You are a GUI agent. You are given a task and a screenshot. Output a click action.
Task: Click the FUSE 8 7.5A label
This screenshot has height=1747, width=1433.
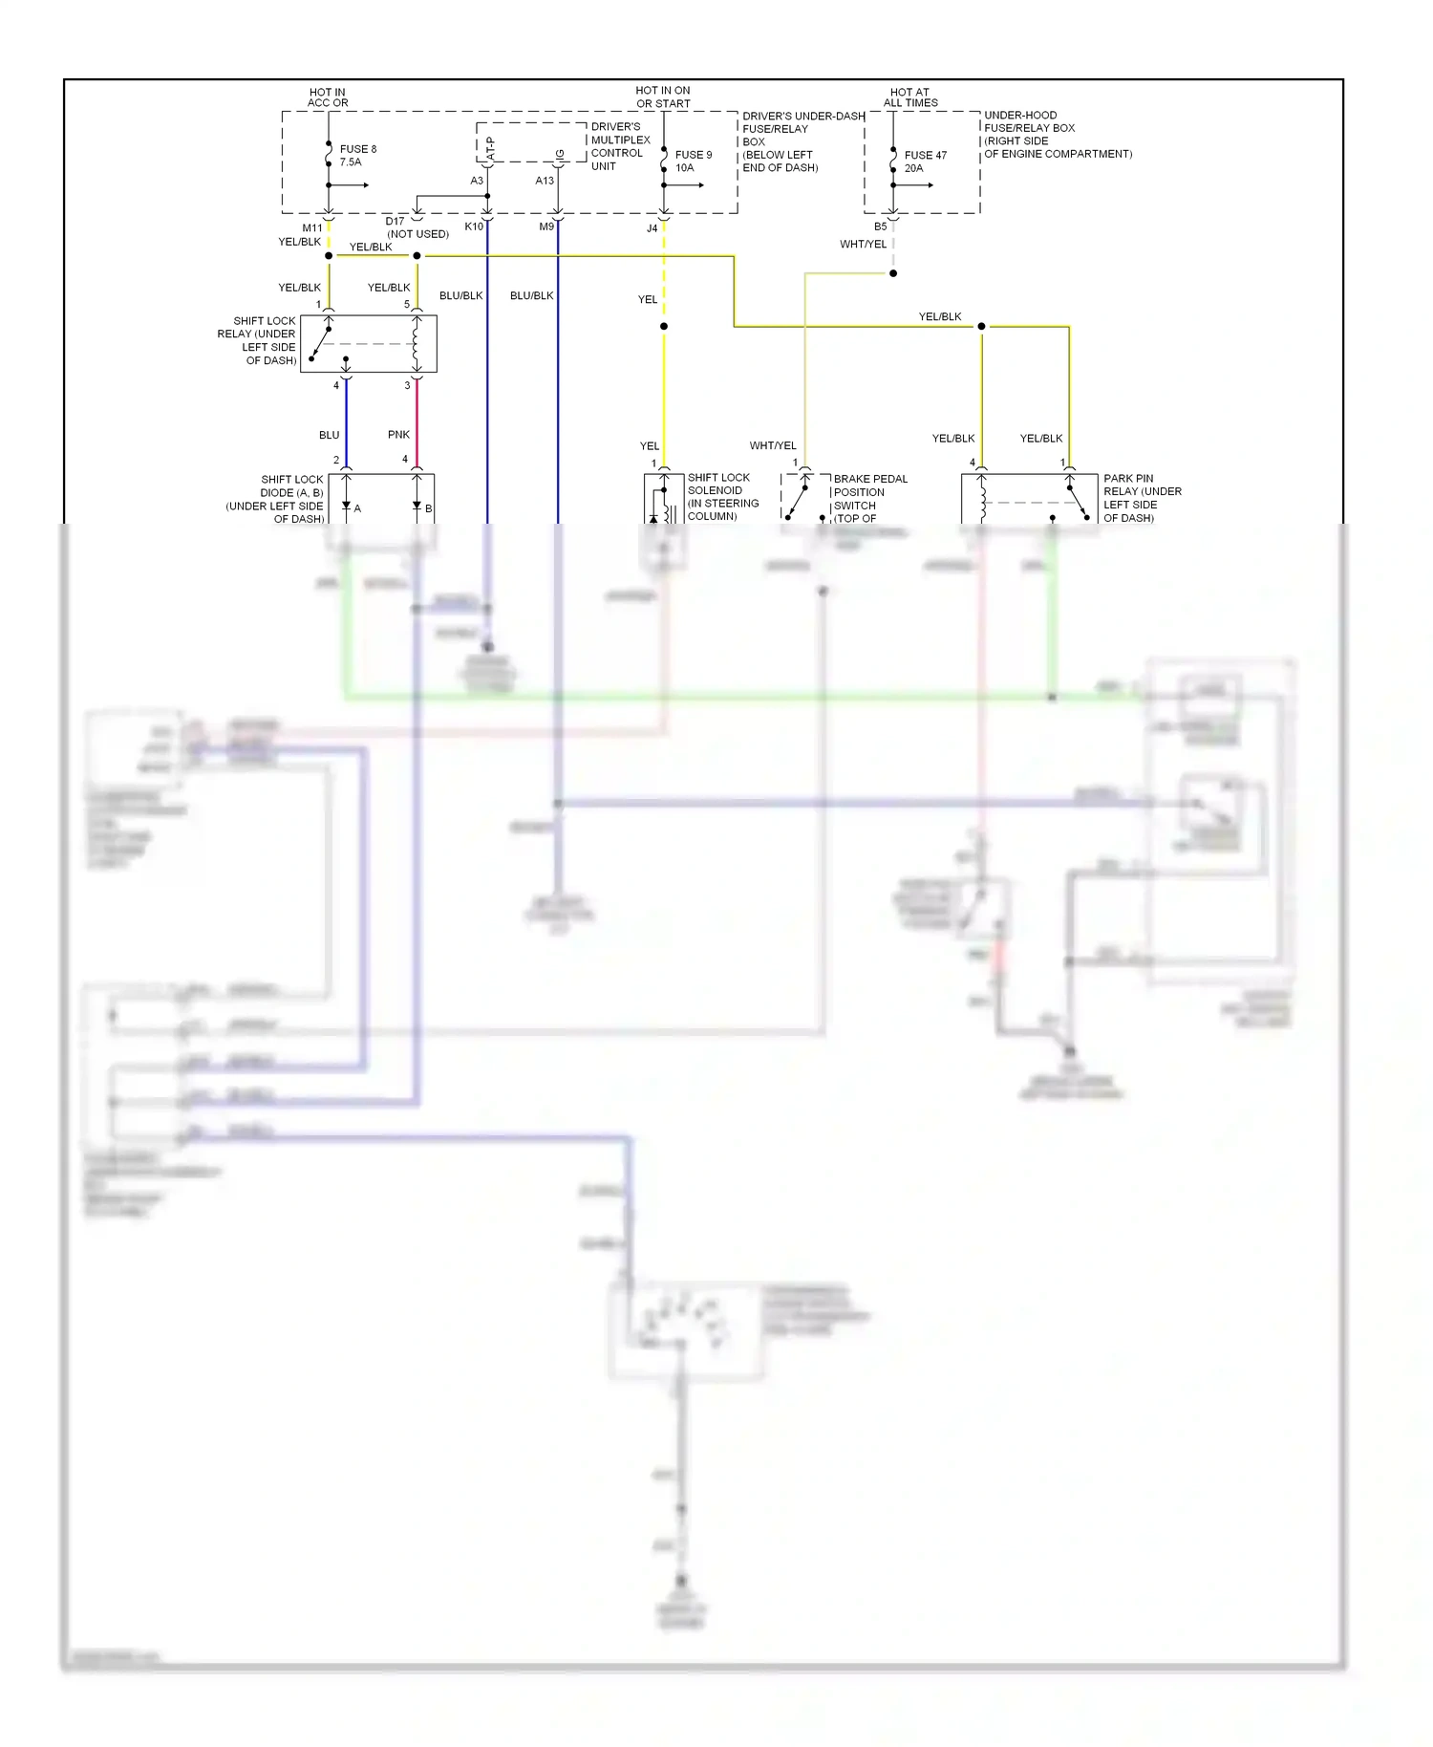tap(357, 156)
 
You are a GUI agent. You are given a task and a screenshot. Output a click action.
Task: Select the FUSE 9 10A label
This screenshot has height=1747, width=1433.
tap(693, 161)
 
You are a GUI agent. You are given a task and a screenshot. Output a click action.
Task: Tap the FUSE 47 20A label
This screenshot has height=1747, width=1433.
tap(925, 161)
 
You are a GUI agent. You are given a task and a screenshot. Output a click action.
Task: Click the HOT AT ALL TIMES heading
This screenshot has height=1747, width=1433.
tap(909, 97)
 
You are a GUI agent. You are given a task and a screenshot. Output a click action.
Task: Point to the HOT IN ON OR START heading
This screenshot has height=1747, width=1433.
tap(662, 97)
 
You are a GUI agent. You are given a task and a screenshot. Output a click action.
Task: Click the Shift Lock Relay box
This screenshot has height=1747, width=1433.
tap(368, 344)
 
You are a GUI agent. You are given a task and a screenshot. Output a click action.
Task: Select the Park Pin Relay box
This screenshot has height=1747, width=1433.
tap(1029, 498)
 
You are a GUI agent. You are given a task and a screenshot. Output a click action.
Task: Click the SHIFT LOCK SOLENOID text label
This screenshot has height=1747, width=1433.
tap(722, 496)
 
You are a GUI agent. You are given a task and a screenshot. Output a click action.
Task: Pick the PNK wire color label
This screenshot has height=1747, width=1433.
tap(398, 435)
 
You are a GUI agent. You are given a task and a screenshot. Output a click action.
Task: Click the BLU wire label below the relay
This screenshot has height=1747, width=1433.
tap(329, 435)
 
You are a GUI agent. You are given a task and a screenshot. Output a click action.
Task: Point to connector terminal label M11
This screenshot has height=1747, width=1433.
tap(312, 228)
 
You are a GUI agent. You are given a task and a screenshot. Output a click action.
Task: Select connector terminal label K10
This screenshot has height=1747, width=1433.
tap(474, 226)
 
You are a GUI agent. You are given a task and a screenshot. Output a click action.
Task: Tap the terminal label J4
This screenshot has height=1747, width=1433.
tap(652, 228)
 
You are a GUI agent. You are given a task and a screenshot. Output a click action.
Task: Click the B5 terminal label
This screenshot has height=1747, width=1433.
tap(880, 226)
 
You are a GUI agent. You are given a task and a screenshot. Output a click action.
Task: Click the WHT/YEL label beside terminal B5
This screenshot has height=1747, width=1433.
tap(863, 245)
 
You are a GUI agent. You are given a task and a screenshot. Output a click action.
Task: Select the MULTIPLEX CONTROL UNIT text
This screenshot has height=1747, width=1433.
tap(619, 146)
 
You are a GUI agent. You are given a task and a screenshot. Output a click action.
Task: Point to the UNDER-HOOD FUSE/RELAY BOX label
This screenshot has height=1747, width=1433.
tap(1057, 134)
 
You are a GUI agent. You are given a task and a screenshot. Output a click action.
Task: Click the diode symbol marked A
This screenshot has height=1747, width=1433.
tap(346, 507)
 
